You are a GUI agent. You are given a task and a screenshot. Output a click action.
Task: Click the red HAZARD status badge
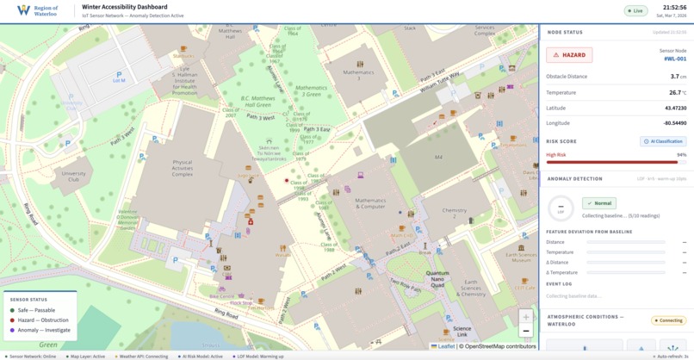coord(569,55)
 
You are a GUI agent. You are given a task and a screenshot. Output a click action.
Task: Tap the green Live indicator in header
coord(636,11)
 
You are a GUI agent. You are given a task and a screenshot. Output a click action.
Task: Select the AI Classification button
coord(662,141)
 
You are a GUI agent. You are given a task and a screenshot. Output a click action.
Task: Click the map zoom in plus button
coord(525,317)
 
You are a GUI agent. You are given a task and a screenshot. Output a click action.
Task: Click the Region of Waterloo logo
coord(37,10)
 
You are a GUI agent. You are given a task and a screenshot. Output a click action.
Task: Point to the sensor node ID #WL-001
coord(674,59)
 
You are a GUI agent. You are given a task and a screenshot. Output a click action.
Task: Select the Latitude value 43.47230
coord(675,108)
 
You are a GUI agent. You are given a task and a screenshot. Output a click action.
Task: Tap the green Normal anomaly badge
coord(598,203)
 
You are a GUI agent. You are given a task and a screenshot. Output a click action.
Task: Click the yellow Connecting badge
coord(668,320)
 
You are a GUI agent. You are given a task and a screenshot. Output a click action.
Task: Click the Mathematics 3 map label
coord(358,73)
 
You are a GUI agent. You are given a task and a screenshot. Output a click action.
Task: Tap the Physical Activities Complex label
coord(183,168)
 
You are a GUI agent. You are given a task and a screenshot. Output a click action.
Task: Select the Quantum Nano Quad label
coord(437,276)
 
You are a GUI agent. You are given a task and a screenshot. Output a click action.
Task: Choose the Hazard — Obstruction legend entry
coord(43,320)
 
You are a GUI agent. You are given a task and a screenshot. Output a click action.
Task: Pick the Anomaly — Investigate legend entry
coord(44,330)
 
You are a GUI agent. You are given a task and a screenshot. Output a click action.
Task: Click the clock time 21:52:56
coord(674,8)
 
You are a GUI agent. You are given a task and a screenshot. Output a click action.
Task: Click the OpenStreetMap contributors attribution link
coord(497,346)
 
